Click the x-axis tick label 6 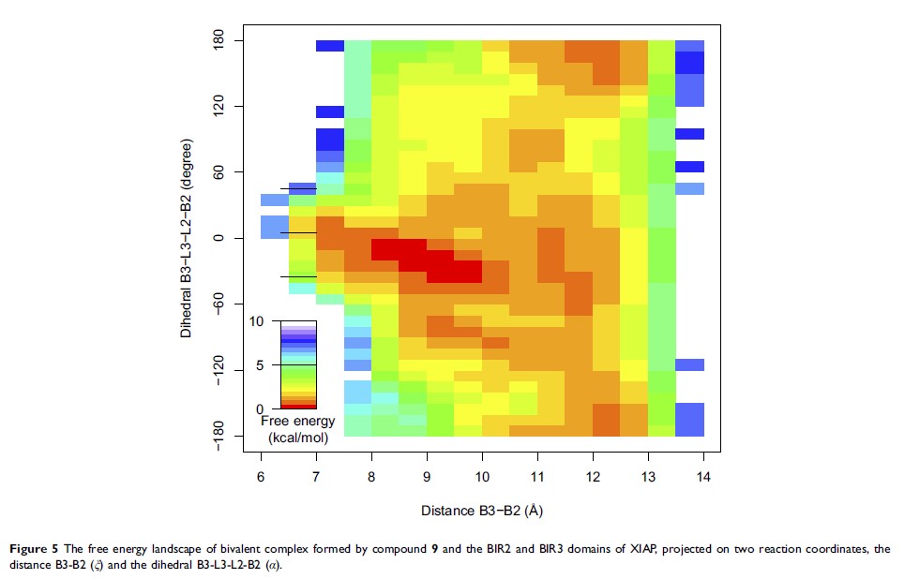[x=261, y=477]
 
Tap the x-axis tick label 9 [x=427, y=477]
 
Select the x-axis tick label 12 [x=593, y=477]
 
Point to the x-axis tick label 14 [x=703, y=477]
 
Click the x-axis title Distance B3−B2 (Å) [x=482, y=511]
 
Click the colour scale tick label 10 [x=257, y=320]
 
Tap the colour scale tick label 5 [x=261, y=365]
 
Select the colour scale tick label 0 [x=261, y=409]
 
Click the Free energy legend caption [x=297, y=422]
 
